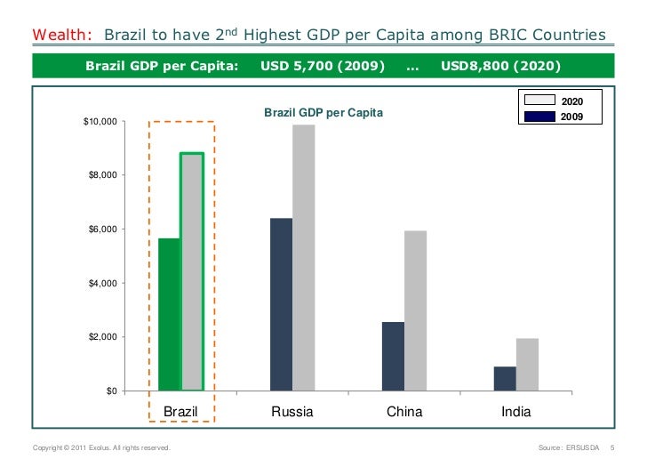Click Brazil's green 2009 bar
click(170, 315)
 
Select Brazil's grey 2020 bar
click(192, 272)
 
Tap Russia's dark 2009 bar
click(282, 304)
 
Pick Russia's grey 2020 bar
click(304, 258)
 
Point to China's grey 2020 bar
click(415, 310)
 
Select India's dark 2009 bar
click(505, 379)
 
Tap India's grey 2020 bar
click(527, 365)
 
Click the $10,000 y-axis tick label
click(99, 122)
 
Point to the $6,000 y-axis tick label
click(101, 229)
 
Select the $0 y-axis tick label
click(110, 391)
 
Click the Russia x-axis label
click(292, 412)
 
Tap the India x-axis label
click(515, 412)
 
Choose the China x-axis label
click(404, 412)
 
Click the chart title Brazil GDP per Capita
click(323, 113)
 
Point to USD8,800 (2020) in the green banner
click(500, 66)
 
